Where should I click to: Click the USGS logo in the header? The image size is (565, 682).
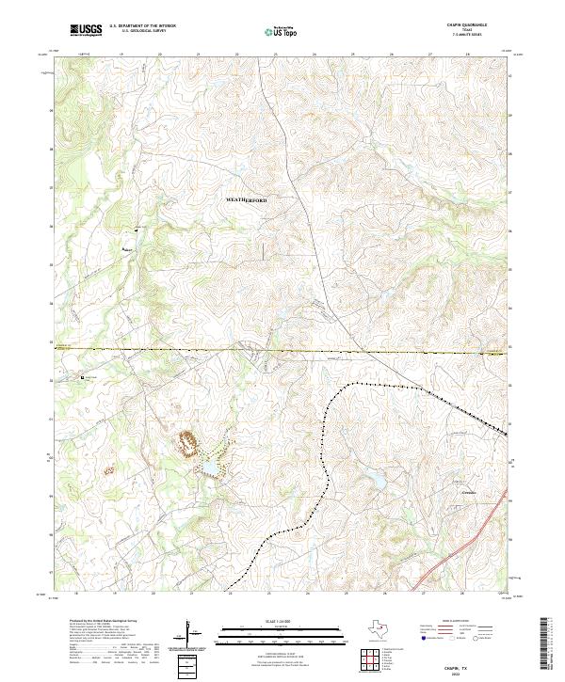tap(86, 31)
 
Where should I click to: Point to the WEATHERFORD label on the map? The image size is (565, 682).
tap(247, 201)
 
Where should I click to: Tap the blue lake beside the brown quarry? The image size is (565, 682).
tap(206, 468)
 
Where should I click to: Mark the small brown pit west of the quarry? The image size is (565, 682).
tap(107, 468)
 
